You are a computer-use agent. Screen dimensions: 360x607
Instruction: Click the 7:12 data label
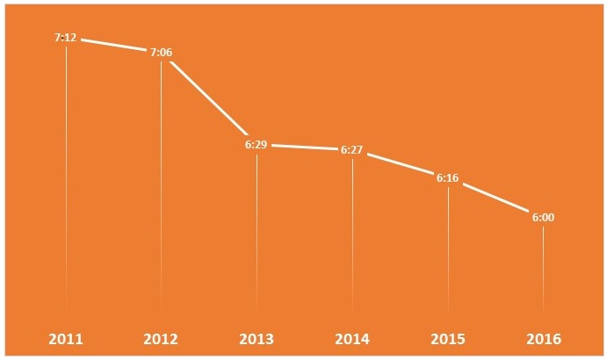click(x=66, y=39)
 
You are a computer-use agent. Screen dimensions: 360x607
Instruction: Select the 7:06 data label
click(x=161, y=53)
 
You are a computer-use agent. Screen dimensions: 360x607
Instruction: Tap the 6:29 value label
click(x=257, y=144)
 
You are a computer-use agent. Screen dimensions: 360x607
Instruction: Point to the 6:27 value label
click(x=351, y=150)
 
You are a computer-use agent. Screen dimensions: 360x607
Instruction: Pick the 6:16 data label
click(x=447, y=177)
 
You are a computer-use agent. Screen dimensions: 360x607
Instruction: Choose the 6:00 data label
click(x=543, y=217)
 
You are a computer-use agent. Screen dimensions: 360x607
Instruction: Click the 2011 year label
click(x=66, y=338)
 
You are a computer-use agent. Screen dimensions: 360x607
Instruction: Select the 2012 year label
click(x=161, y=338)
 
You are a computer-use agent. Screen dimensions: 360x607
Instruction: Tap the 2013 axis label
click(x=257, y=338)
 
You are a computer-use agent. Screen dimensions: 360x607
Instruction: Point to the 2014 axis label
click(x=351, y=338)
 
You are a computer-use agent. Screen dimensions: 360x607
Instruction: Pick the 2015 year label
click(x=447, y=338)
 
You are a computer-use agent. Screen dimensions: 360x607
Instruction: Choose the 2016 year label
click(x=543, y=338)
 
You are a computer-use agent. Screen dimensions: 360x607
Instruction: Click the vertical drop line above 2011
click(x=66, y=176)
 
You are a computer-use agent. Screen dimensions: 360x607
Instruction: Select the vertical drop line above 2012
click(x=161, y=184)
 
